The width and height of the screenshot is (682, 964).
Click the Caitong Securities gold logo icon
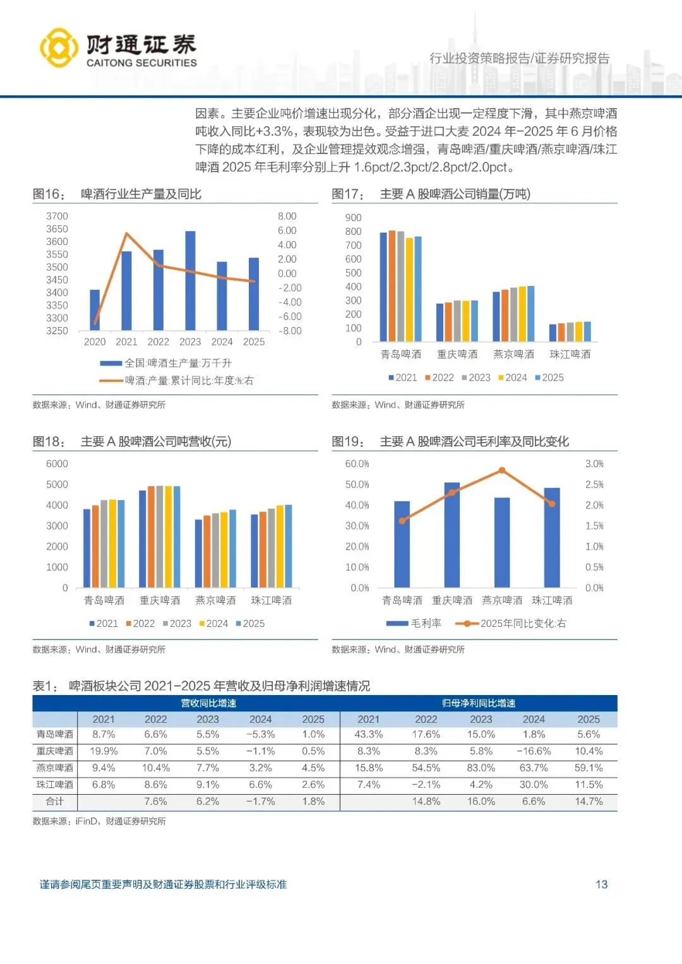point(59,48)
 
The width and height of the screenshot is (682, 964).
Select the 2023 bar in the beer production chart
point(190,280)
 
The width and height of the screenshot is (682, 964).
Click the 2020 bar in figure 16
point(95,310)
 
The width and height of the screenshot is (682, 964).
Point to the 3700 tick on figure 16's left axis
point(57,216)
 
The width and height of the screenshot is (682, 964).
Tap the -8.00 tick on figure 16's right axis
point(290,331)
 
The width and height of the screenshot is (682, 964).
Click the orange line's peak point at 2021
point(126,234)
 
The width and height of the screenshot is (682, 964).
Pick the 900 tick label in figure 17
point(353,217)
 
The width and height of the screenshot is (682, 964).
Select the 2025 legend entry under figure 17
point(549,378)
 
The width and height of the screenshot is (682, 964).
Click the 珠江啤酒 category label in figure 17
point(570,354)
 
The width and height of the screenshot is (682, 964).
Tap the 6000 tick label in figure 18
point(57,463)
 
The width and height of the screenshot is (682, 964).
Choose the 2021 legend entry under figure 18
point(104,624)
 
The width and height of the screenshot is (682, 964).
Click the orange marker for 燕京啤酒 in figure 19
point(502,470)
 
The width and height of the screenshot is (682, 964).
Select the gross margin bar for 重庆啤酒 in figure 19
point(452,535)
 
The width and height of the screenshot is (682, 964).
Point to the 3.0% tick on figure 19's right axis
point(595,463)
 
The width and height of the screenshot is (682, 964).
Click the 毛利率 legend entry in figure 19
point(414,623)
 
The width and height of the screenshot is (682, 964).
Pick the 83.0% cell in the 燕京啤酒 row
point(481,768)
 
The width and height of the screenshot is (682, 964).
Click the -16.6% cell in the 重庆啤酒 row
point(534,751)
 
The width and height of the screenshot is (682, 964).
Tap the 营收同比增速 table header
point(209,703)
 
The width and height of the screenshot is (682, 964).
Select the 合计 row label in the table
point(55,801)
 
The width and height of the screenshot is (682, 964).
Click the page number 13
point(601,884)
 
